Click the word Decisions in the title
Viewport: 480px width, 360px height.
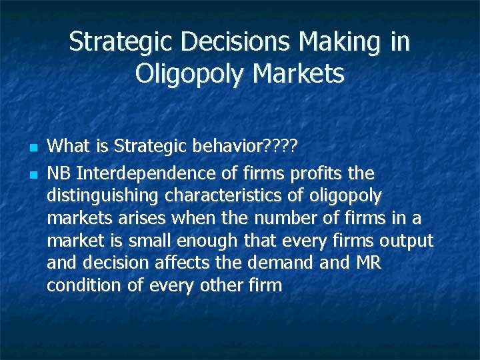click(x=236, y=42)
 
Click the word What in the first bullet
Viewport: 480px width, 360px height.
click(x=69, y=145)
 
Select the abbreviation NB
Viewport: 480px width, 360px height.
click(x=60, y=174)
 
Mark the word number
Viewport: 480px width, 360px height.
click(x=276, y=218)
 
